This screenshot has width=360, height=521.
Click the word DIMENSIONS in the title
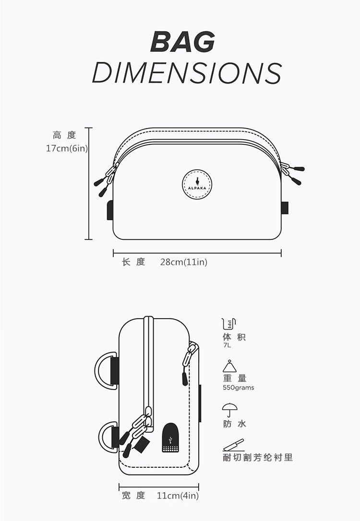[x=186, y=73]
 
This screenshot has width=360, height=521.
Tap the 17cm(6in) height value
[x=67, y=148]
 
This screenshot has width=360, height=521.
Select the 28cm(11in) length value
[x=184, y=262]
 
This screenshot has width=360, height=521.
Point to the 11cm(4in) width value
[x=178, y=496]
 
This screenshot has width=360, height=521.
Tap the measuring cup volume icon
[x=229, y=323]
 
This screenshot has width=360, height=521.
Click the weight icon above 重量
[x=229, y=367]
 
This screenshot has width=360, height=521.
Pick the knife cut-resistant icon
[x=233, y=445]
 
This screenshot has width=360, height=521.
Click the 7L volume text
[x=227, y=345]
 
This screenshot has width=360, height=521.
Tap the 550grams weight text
[x=239, y=388]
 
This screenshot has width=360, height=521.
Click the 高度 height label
[x=64, y=136]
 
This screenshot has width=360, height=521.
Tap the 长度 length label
[x=133, y=262]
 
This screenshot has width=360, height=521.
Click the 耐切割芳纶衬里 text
[x=258, y=457]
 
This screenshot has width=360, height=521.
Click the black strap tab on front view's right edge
[x=285, y=207]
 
